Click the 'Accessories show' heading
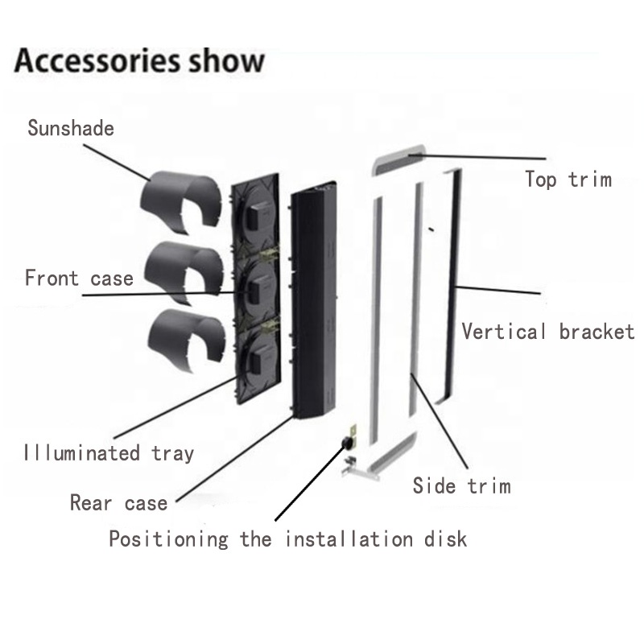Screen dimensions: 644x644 pyautogui.click(x=138, y=61)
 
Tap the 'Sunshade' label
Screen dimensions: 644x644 pyautogui.click(x=71, y=128)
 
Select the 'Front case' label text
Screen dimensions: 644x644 pyautogui.click(x=79, y=279)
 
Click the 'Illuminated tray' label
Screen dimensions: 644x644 pyautogui.click(x=109, y=452)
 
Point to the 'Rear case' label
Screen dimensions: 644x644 pyautogui.click(x=118, y=504)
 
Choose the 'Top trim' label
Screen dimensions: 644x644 pyautogui.click(x=568, y=179)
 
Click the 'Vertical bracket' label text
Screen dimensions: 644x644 pyautogui.click(x=547, y=331)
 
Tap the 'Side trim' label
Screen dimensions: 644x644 pyautogui.click(x=461, y=485)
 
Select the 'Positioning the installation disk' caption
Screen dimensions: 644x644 pyautogui.click(x=287, y=539)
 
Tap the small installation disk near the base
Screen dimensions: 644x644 pyautogui.click(x=351, y=442)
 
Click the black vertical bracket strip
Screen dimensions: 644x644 pyautogui.click(x=453, y=282)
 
